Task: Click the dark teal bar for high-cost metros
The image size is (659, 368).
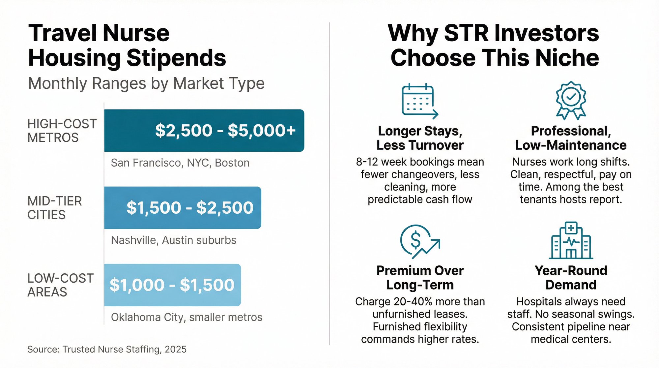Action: point(204,131)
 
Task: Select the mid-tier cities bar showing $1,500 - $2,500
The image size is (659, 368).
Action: point(183,208)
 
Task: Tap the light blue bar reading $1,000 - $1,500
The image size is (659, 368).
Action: point(172,285)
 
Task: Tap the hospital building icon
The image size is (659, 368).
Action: point(571,240)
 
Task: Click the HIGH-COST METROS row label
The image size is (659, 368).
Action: point(62,131)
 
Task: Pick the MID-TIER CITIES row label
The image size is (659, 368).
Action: point(54,208)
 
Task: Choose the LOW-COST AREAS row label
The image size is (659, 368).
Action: point(60,285)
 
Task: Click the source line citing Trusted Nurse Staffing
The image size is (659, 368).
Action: point(107,349)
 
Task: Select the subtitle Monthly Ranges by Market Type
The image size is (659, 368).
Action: point(146,83)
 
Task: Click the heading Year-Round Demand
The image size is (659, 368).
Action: point(571,277)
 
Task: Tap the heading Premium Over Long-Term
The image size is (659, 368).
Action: point(420,277)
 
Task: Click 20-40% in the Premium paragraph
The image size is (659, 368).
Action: point(418,302)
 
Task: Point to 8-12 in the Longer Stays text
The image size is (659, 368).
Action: point(366,162)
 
